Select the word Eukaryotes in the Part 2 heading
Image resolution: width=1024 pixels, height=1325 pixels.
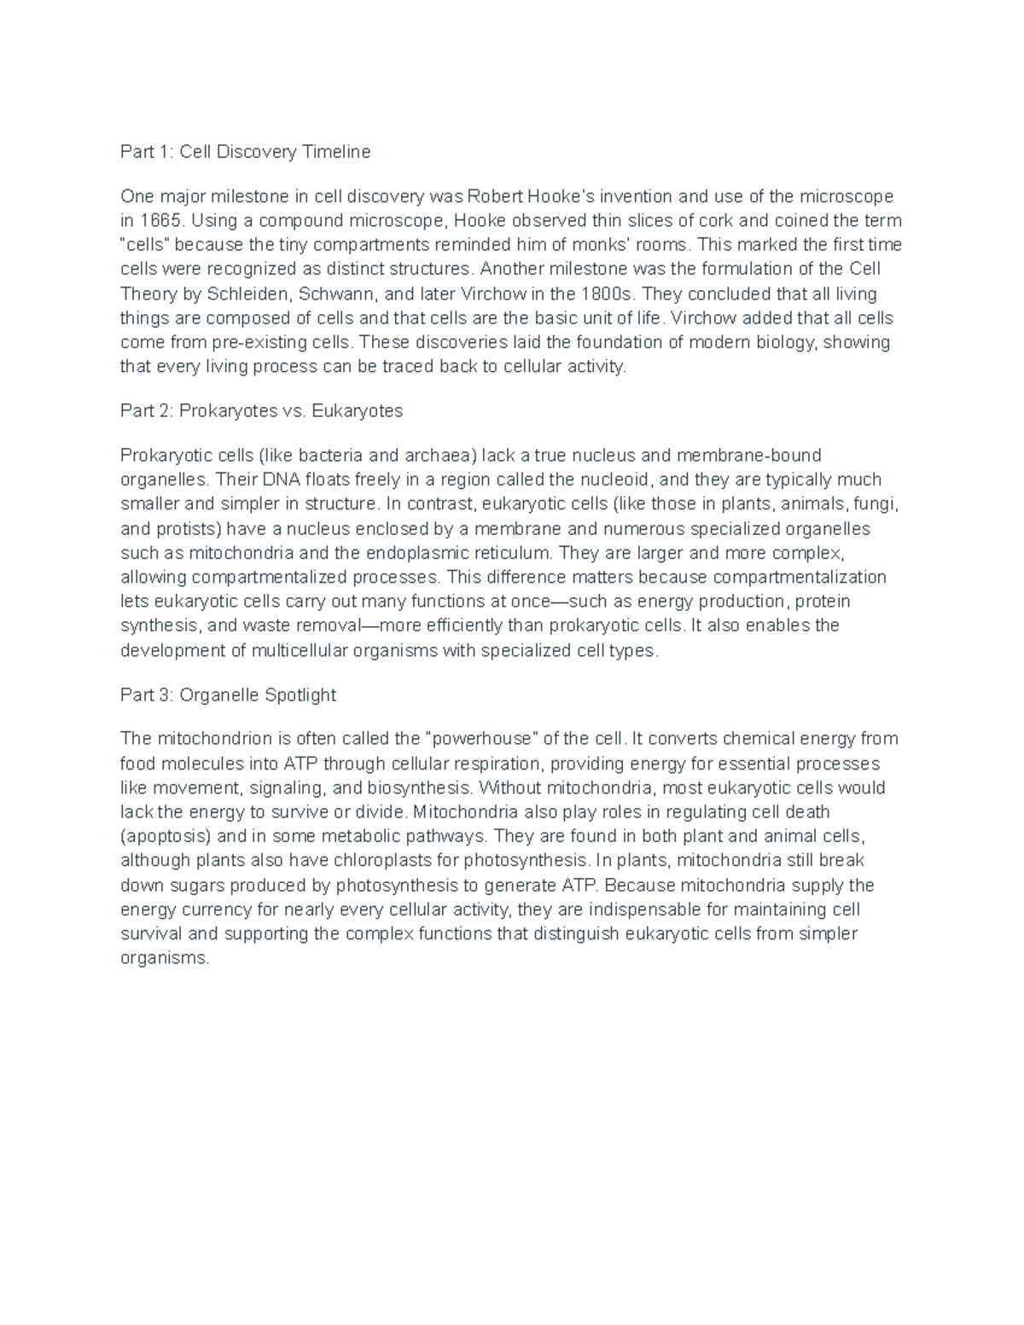pyautogui.click(x=358, y=411)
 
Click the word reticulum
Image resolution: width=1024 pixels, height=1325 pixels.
pyautogui.click(x=508, y=553)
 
